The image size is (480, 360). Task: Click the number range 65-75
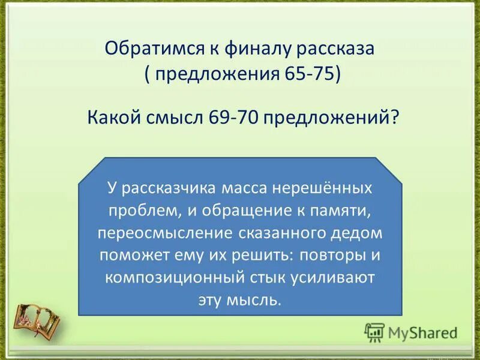tap(309, 76)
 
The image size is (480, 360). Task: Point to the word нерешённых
tap(322, 188)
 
